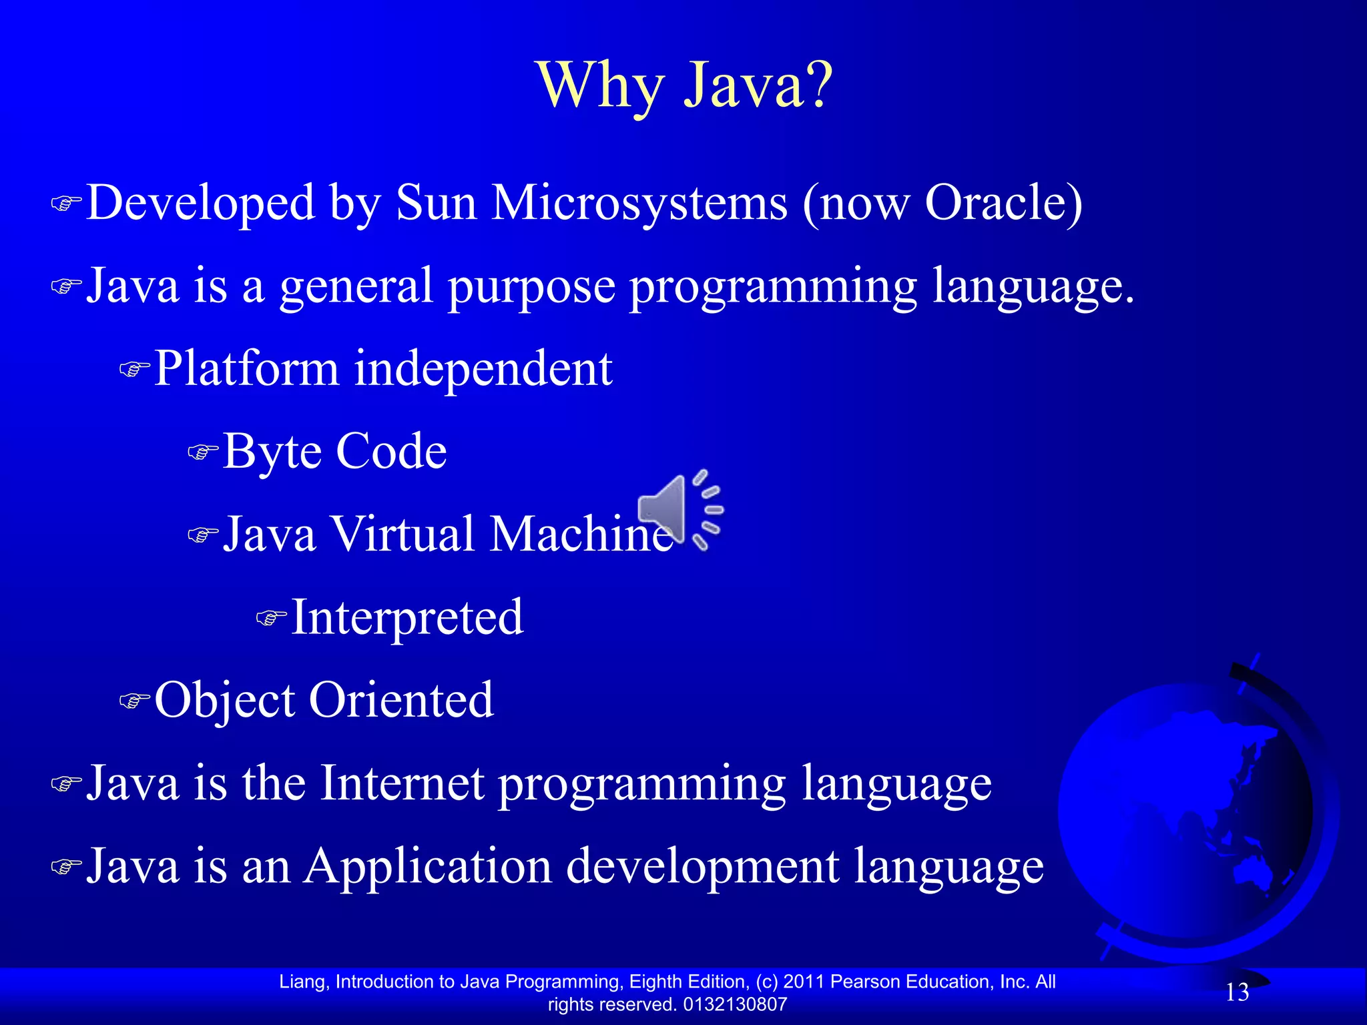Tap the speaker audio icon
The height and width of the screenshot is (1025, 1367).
pyautogui.click(x=679, y=510)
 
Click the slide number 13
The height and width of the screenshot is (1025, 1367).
pyautogui.click(x=1237, y=992)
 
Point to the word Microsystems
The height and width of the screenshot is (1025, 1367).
pyautogui.click(x=639, y=202)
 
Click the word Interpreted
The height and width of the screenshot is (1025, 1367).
pyautogui.click(x=407, y=617)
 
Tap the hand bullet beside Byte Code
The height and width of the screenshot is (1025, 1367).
pyautogui.click(x=202, y=453)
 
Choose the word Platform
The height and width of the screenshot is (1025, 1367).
pyautogui.click(x=246, y=368)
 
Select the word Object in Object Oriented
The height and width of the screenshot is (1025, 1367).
pyautogui.click(x=224, y=701)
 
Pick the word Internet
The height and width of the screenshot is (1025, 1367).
pyautogui.click(x=402, y=782)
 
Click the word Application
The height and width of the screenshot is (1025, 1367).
pyautogui.click(x=428, y=866)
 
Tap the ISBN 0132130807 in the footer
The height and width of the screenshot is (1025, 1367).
pyautogui.click(x=735, y=1004)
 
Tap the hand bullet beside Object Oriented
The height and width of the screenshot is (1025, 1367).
pyautogui.click(x=134, y=701)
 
